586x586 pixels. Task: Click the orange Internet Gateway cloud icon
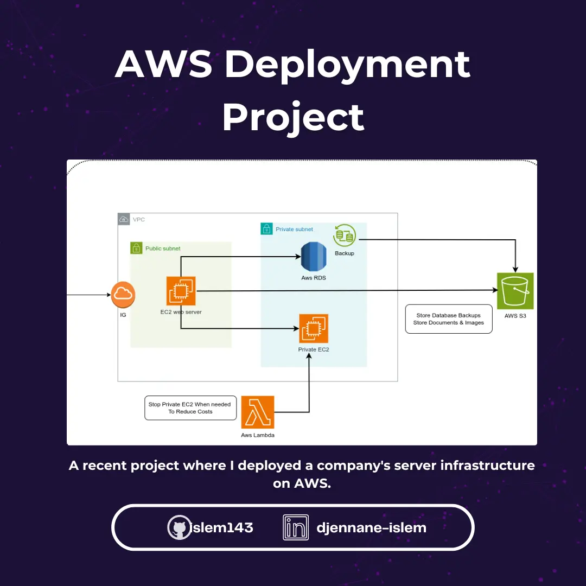[x=123, y=295]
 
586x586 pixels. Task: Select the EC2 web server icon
[x=181, y=291]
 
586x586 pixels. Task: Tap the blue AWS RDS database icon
[x=313, y=257]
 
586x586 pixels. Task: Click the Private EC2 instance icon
[x=314, y=328]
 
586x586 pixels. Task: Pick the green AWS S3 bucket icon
[x=515, y=291]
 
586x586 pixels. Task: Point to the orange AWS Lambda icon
[x=258, y=412]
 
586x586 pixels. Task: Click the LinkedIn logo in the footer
[x=296, y=527]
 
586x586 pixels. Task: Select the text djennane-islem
[x=371, y=527]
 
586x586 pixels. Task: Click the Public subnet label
[x=163, y=249]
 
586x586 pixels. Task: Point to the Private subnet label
[x=294, y=230]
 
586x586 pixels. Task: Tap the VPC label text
[x=139, y=220]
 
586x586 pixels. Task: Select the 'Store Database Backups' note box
[x=449, y=319]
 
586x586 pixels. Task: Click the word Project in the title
[x=293, y=117]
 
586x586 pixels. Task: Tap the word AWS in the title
[x=163, y=64]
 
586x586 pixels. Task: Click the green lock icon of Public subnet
[x=136, y=249]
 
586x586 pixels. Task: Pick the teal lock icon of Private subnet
[x=266, y=229]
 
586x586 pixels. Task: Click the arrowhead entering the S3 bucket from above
[x=515, y=269]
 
